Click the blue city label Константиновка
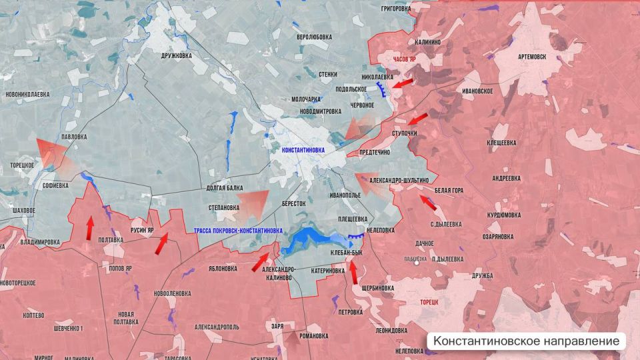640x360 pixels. point(303,150)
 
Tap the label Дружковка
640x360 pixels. point(176,55)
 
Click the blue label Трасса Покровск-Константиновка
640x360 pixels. point(238,230)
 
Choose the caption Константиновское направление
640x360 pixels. point(526,341)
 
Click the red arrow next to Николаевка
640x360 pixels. point(405,83)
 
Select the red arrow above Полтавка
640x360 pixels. point(89,227)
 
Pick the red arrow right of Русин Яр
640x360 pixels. point(161,245)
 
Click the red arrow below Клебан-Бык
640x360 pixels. point(354,272)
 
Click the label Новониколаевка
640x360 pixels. point(27,95)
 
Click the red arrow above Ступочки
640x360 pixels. point(417,119)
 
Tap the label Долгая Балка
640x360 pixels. point(225,189)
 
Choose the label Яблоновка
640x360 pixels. point(223,269)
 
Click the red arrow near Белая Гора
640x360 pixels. point(427,202)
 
